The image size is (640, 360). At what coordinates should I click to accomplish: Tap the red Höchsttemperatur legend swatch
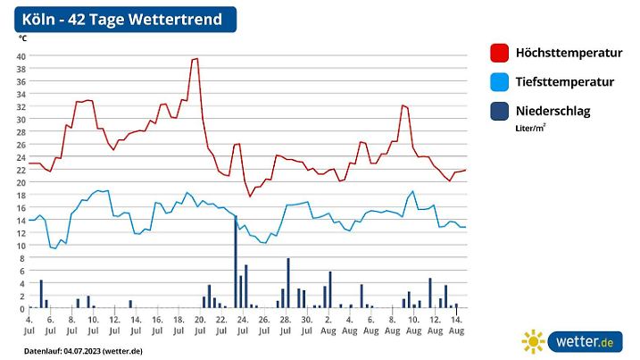[x=500, y=53]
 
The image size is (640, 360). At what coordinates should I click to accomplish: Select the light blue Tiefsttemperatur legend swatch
[x=500, y=82]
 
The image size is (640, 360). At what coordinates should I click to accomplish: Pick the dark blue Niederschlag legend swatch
[x=500, y=112]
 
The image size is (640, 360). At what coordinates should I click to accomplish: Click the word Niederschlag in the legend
[x=553, y=112]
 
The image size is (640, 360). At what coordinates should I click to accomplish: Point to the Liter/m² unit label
[x=530, y=129]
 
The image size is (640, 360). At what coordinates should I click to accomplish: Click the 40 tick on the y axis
[x=21, y=55]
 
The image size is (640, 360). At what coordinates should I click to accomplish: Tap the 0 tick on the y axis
[x=23, y=308]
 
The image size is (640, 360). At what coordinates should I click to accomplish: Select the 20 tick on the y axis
[x=21, y=182]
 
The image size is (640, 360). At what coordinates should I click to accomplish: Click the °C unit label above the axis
[x=22, y=38]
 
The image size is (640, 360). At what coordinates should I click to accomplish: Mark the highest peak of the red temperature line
[x=195, y=58]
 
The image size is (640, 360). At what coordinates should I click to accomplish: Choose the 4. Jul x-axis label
[x=29, y=324]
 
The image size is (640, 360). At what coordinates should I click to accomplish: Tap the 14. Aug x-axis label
[x=455, y=324]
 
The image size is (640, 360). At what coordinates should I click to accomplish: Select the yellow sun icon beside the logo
[x=533, y=342]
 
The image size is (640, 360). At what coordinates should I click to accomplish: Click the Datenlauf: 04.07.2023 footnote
[x=83, y=351]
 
